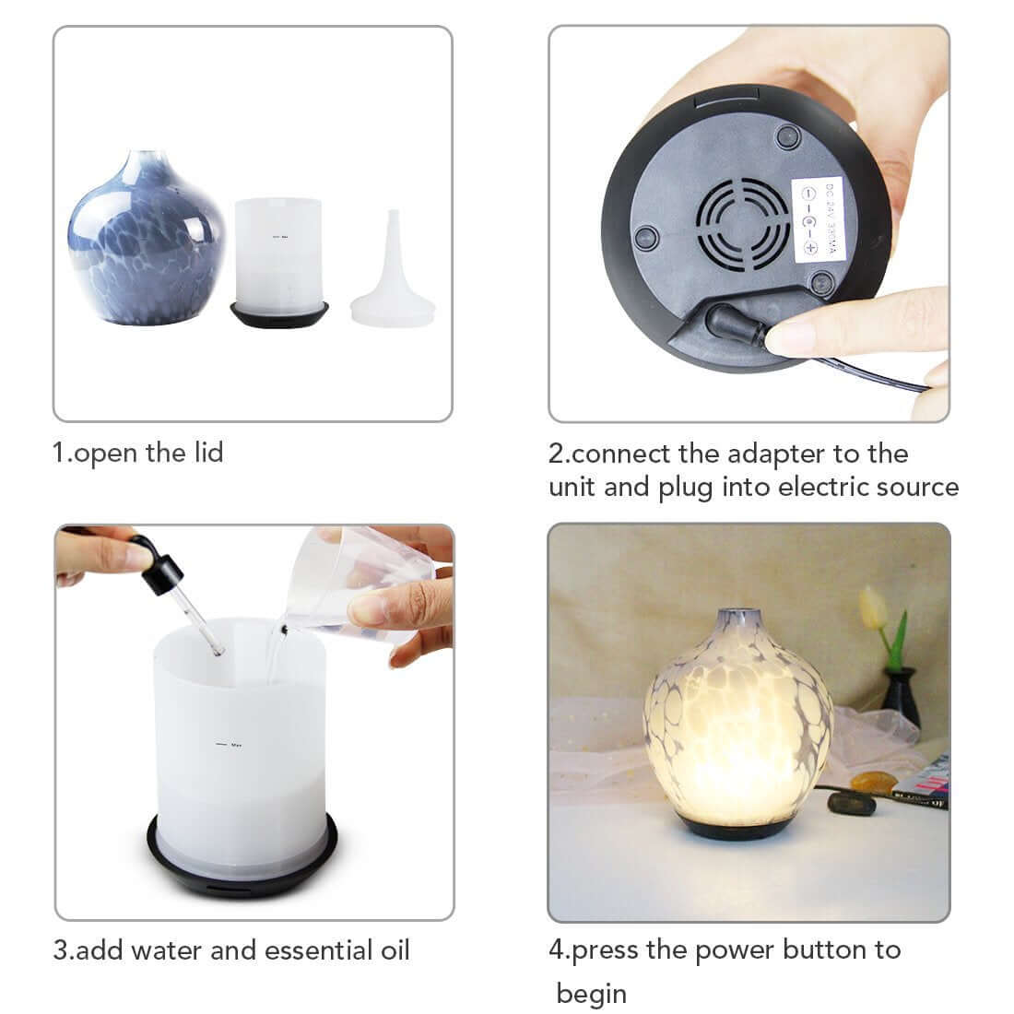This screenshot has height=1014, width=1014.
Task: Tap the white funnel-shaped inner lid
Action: (393, 286)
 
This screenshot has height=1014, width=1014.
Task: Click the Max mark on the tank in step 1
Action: (279, 235)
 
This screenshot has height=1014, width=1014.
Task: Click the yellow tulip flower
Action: (873, 607)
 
